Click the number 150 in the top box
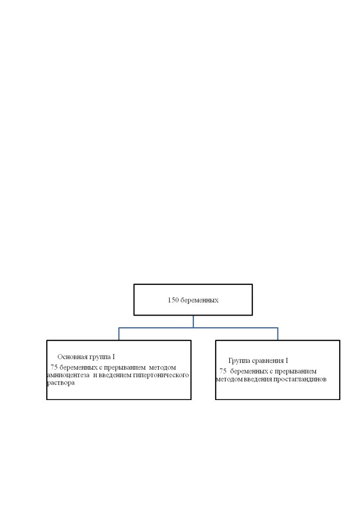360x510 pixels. pos(173,300)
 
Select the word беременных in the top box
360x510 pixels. pos(199,300)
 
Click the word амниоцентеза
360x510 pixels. pos(68,375)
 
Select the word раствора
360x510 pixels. pos(61,383)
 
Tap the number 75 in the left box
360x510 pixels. pos(54,368)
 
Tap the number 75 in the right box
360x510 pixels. pos(223,371)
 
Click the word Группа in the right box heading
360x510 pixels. pos(239,361)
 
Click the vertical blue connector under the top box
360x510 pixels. pos(193,321)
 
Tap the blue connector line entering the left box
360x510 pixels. pos(119,334)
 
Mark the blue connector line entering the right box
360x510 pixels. pos(278,334)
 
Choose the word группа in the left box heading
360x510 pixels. pos(100,357)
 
